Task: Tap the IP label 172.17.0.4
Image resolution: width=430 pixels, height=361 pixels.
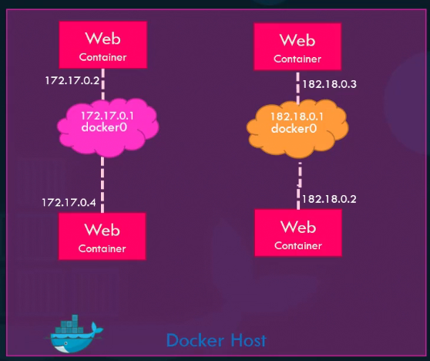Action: point(68,202)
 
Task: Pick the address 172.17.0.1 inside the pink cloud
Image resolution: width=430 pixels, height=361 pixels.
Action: point(113,116)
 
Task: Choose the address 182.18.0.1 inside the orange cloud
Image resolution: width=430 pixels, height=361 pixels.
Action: point(297,116)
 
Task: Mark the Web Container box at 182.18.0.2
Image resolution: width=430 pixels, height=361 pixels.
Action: point(297,233)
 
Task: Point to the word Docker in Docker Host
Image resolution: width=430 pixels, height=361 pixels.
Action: point(193,340)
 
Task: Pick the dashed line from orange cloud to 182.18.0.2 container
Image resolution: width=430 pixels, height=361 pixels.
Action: point(298,185)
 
